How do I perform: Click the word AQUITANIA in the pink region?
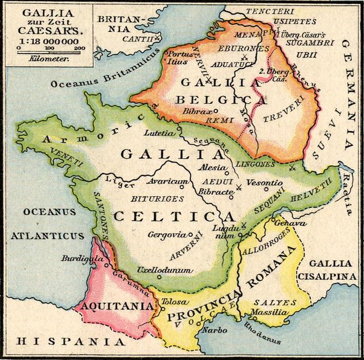[116, 306]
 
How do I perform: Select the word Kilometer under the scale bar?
[47, 58]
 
